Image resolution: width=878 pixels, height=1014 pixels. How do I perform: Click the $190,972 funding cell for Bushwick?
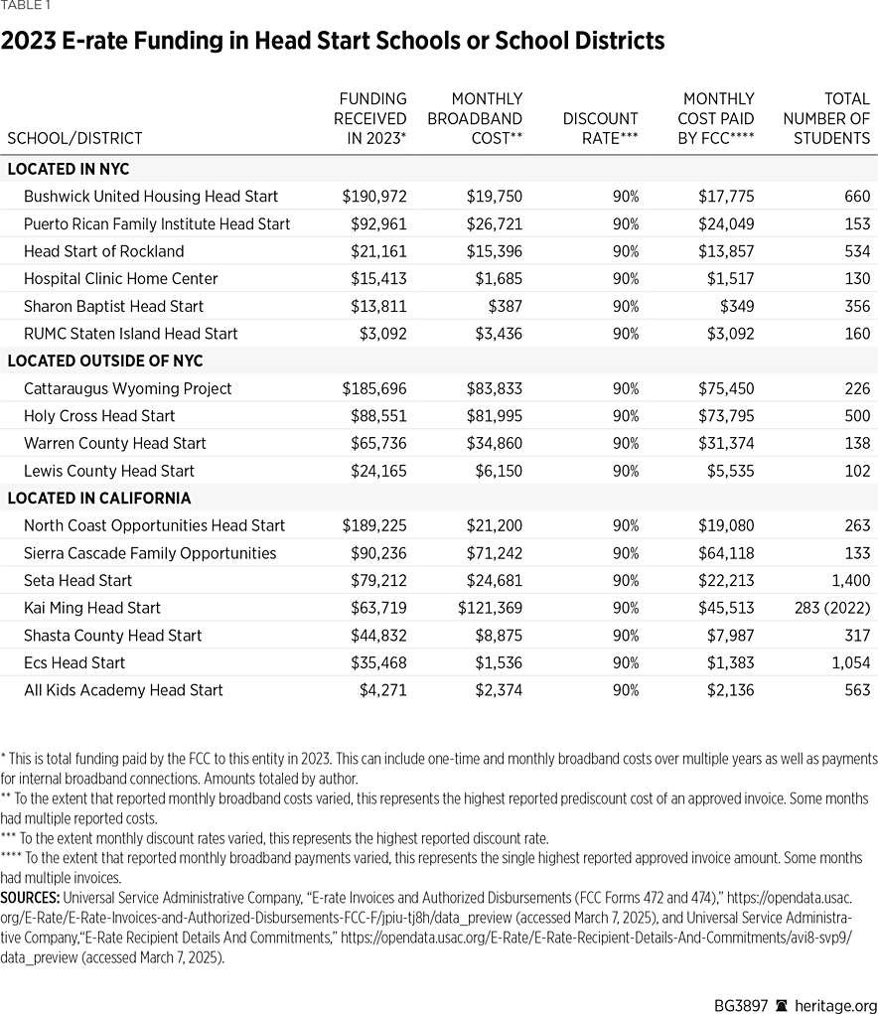374,197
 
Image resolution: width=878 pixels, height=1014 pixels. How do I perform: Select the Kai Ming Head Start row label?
91,608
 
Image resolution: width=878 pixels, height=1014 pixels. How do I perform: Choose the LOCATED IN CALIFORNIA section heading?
99,499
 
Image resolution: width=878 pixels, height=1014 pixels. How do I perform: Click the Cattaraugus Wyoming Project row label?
127,388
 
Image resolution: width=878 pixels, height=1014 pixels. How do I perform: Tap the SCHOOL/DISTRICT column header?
74,139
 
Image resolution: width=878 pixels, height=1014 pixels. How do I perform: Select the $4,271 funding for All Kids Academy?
382,690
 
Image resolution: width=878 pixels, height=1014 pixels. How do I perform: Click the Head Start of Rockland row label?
103,251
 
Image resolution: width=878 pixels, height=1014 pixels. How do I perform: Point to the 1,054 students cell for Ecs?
849,662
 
